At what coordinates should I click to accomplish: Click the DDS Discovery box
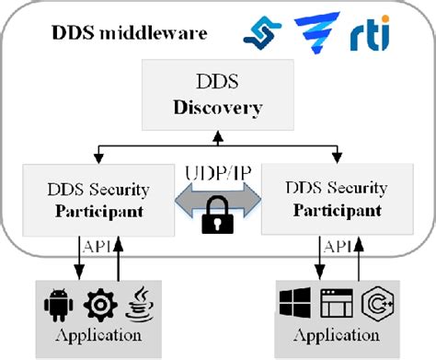point(217,96)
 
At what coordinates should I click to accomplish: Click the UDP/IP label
point(216,171)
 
